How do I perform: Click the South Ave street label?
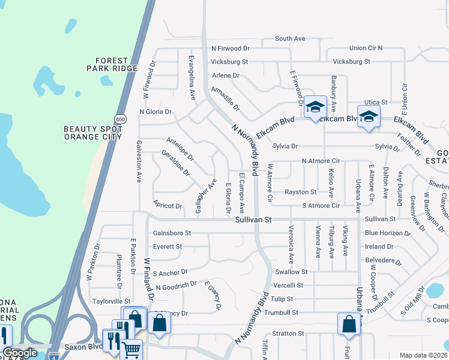pos(290,38)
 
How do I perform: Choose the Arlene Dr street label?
pos(226,76)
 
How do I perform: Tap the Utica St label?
pos(376,103)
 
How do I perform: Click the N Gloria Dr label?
pos(155,112)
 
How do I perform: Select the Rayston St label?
pos(300,192)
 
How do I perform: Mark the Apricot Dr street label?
pos(167,206)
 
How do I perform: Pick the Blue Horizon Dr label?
pos(388,233)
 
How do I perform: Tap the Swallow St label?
pos(291,272)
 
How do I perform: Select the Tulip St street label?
pos(281,299)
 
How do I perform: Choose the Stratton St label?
pos(288,333)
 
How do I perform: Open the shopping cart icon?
pos(131,349)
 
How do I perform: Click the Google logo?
pos(20,353)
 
